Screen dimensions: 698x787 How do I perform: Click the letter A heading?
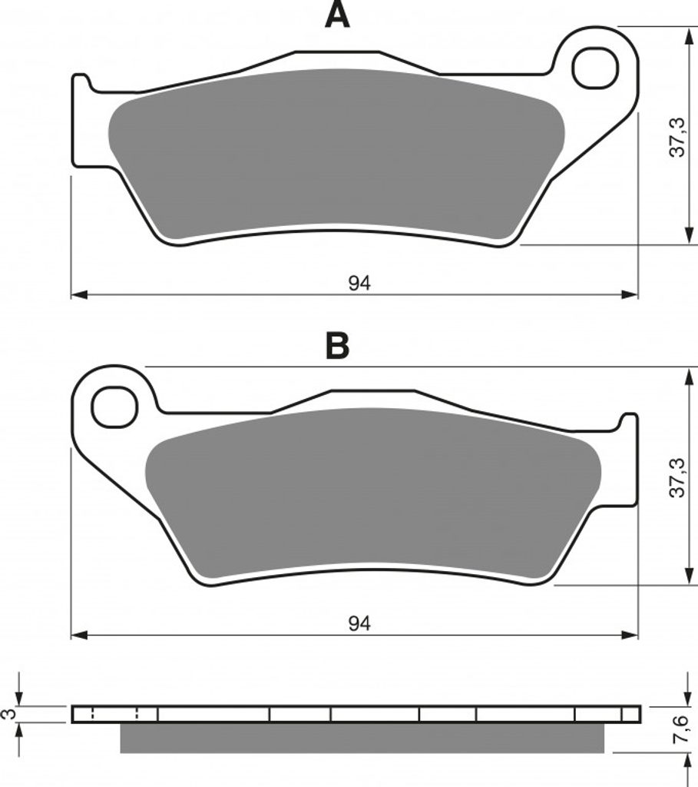point(337,15)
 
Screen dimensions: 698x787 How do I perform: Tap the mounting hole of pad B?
point(114,407)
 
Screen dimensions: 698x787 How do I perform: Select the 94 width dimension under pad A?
point(359,284)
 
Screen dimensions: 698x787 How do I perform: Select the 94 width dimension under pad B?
point(359,623)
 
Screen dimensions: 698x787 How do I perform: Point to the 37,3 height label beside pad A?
point(677,137)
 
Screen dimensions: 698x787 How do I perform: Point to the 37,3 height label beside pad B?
point(677,477)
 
